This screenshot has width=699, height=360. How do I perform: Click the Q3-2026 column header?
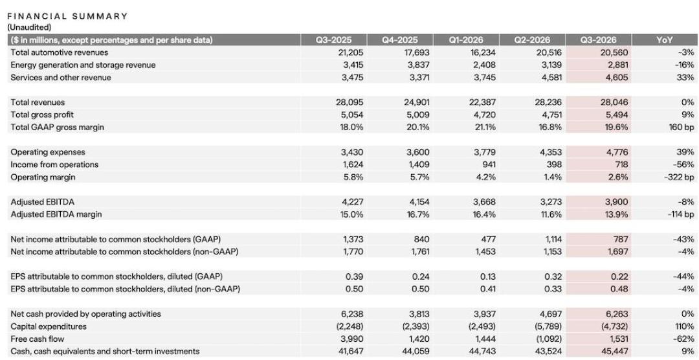pos(598,39)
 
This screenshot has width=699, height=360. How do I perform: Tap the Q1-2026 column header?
pos(466,39)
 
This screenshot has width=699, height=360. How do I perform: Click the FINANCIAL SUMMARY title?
pos(67,16)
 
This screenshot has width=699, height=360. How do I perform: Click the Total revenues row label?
pos(38,102)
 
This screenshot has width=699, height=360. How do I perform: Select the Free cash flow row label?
pos(37,339)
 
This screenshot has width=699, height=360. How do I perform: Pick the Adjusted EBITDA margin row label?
pos(56,214)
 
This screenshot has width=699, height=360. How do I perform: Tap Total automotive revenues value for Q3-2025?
pos(351,52)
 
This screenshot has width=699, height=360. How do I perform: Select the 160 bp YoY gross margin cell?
pos(681,127)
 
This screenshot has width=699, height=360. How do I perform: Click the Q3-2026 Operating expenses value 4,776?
pos(617,152)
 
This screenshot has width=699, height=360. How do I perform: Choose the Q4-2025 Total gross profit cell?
pos(418,115)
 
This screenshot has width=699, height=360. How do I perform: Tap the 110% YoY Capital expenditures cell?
pos(685,326)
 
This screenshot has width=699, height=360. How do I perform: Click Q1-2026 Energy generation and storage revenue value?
pos(484,65)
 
